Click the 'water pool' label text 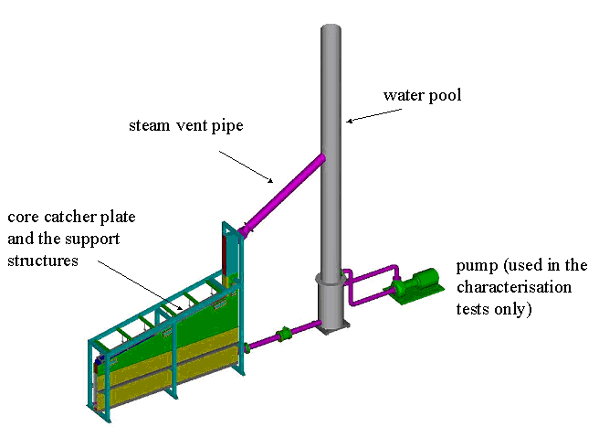[422, 95]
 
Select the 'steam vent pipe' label [185, 125]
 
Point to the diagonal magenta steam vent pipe [283, 191]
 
